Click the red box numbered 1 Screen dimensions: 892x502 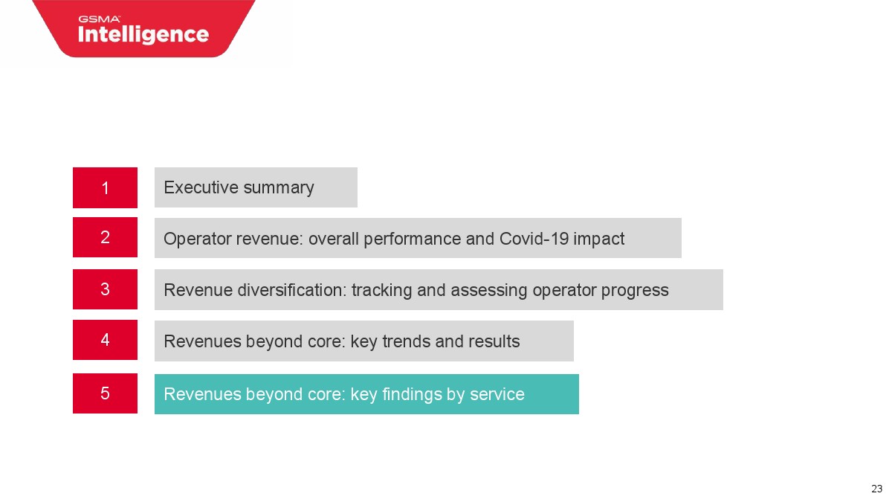[105, 187]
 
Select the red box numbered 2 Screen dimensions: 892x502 [105, 237]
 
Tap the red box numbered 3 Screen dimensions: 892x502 [105, 289]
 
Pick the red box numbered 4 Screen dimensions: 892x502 [105, 340]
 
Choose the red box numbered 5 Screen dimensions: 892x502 [105, 393]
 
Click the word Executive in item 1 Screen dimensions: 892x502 [201, 187]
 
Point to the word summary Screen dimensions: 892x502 [279, 189]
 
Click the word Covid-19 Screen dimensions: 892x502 [534, 239]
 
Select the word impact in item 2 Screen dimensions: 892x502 [598, 239]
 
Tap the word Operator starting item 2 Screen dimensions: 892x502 [198, 239]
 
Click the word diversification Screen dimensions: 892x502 [292, 289]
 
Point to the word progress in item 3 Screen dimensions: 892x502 [635, 292]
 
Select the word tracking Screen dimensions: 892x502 [381, 291]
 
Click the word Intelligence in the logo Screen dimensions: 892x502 [143, 35]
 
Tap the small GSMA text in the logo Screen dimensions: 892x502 [99, 19]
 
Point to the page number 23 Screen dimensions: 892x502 [877, 489]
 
